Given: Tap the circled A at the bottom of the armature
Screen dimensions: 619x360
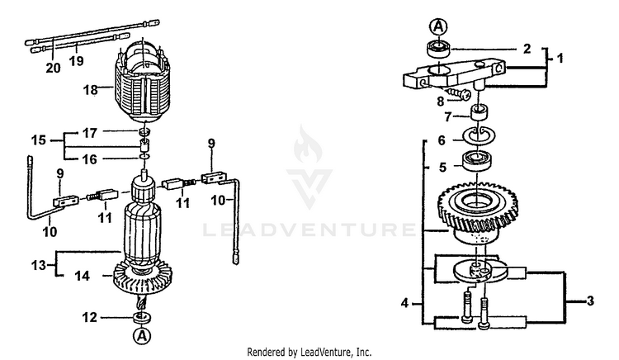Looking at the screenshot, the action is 142,335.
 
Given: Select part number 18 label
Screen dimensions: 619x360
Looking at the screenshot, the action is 91,90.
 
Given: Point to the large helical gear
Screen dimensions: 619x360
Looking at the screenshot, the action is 477,212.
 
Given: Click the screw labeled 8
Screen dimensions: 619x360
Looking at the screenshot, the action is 458,93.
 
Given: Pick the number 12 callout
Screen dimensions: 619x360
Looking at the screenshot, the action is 89,317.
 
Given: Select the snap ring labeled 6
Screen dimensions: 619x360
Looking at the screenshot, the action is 479,135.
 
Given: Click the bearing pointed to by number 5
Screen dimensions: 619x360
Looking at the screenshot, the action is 476,161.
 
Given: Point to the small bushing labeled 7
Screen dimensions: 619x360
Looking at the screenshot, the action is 480,112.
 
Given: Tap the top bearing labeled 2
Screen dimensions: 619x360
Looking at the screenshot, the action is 438,49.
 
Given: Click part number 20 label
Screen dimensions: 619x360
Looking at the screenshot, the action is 54,68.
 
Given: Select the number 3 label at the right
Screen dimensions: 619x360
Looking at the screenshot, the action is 590,301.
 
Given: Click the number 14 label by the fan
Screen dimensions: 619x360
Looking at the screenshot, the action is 82,276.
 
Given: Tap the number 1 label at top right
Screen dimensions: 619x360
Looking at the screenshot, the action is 560,58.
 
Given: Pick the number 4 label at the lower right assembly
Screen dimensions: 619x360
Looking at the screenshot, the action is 404,303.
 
